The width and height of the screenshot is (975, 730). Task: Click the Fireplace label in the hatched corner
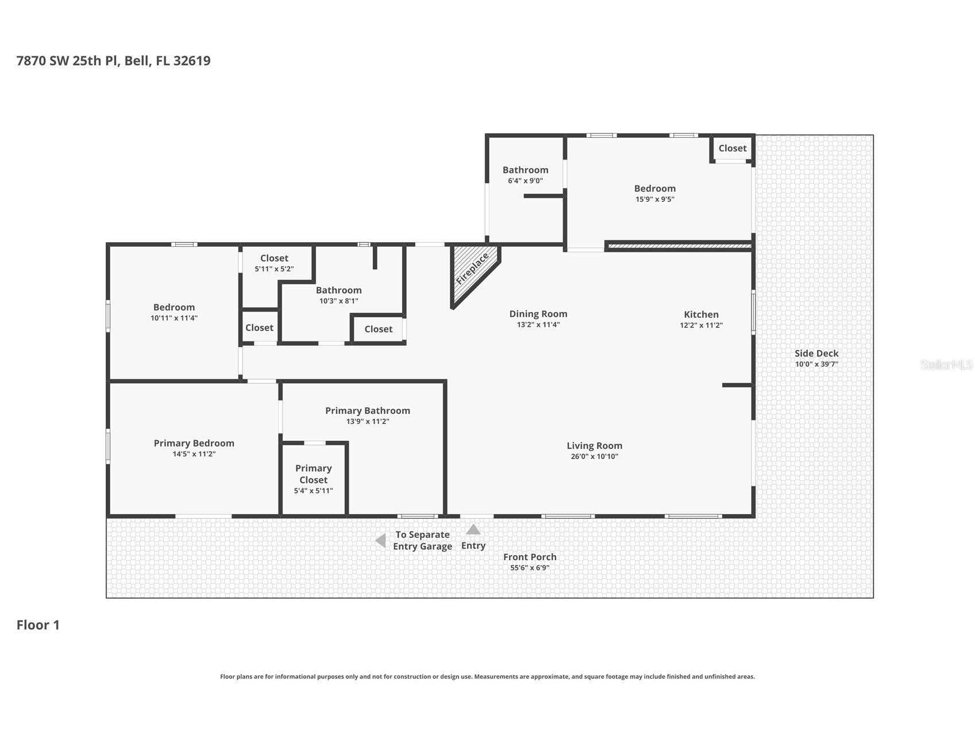click(472, 269)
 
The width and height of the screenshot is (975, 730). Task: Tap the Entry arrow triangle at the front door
click(473, 530)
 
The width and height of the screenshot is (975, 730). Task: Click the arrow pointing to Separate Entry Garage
click(380, 541)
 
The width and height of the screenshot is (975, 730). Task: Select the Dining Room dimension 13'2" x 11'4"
click(538, 325)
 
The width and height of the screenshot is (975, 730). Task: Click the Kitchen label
click(701, 314)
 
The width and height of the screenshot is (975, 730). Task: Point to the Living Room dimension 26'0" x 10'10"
click(594, 457)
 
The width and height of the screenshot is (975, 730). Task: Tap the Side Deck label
click(816, 354)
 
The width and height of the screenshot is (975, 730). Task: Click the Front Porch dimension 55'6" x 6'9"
click(530, 568)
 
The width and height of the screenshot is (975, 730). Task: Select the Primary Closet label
click(313, 474)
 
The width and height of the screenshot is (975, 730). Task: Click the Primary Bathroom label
click(368, 411)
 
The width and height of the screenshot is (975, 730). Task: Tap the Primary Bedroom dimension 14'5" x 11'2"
click(194, 454)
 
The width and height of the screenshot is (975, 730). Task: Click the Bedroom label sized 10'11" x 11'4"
click(174, 308)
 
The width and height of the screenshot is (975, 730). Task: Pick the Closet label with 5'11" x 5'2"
click(274, 258)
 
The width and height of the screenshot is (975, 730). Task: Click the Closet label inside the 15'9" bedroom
click(732, 148)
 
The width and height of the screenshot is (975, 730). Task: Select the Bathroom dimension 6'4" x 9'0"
click(525, 181)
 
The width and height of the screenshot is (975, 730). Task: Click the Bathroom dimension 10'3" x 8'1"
click(338, 301)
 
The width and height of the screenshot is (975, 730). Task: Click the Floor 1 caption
click(38, 625)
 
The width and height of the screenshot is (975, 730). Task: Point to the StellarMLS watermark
click(946, 364)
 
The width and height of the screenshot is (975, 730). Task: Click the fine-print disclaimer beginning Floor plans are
click(487, 677)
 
